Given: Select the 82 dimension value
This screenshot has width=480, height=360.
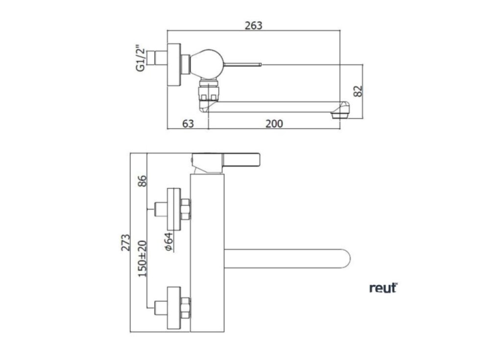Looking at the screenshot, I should point(359,91).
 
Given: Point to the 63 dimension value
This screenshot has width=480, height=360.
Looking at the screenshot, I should point(188,123).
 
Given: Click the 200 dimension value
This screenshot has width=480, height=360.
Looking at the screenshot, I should point(274,123).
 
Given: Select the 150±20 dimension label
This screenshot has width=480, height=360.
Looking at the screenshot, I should point(143,258).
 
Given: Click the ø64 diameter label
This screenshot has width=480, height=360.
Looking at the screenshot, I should point(168,242).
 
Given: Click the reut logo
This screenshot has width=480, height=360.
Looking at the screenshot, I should point(383,288).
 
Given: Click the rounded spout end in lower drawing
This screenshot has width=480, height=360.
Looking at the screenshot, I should point(345,259).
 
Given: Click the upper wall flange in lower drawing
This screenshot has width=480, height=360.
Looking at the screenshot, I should point(173,208).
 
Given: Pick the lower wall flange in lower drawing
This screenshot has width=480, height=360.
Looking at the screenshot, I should point(173,308).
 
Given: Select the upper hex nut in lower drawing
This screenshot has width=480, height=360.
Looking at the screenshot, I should point(186,208).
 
